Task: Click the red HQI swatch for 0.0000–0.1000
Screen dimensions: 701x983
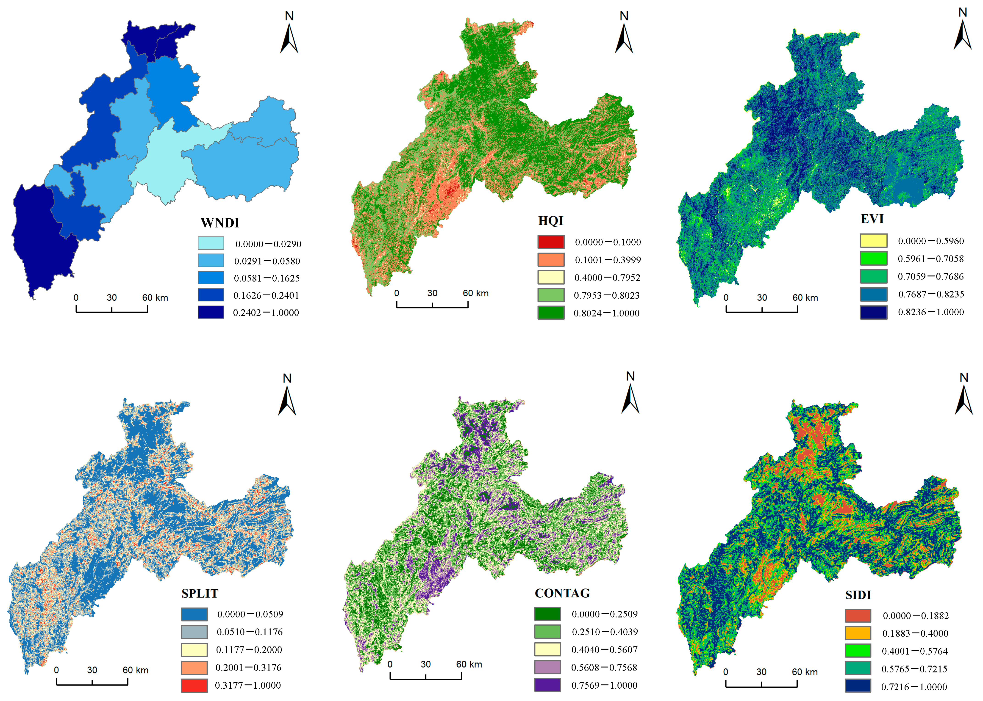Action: point(551,242)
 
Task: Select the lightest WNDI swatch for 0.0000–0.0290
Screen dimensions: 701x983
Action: point(211,243)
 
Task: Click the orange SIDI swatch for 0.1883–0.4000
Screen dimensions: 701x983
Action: point(858,633)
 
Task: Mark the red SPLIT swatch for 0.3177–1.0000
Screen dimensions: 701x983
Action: point(194,685)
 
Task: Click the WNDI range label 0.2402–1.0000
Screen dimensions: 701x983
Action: point(266,313)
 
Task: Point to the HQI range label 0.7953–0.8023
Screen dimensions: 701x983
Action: point(606,295)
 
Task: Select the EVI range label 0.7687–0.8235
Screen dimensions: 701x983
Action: point(931,294)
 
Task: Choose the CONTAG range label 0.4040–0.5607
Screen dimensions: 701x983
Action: point(604,650)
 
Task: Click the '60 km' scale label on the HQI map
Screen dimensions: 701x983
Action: point(475,293)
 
